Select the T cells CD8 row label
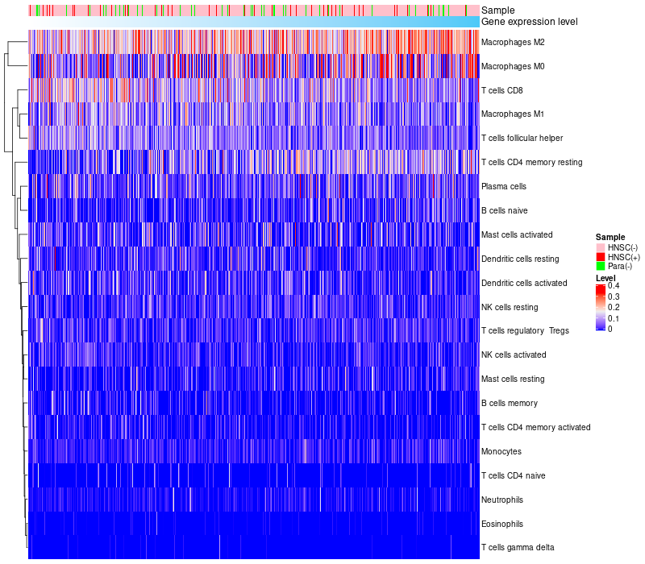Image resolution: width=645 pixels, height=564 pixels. (x=501, y=90)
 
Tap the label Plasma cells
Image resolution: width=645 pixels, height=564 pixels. (x=503, y=186)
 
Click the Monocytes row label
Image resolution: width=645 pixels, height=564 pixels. (x=501, y=451)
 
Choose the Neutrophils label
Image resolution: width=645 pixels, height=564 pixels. (x=502, y=500)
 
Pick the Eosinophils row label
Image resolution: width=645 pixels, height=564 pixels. (x=502, y=524)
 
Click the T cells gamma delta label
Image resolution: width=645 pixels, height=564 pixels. (x=517, y=548)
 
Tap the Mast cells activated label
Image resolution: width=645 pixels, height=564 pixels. (x=517, y=234)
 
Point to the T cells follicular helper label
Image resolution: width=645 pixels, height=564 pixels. (x=522, y=139)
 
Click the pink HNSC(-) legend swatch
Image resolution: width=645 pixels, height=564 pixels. (x=600, y=247)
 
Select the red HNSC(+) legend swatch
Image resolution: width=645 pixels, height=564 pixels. (x=600, y=257)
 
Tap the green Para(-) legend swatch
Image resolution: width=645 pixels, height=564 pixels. (x=600, y=267)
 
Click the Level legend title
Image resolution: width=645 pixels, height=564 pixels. (x=605, y=278)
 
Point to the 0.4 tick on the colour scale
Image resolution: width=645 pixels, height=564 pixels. (x=614, y=286)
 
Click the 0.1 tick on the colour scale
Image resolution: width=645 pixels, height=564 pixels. (x=614, y=318)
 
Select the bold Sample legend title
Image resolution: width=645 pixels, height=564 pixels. (x=610, y=237)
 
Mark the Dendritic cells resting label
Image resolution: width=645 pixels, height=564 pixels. (x=519, y=259)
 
